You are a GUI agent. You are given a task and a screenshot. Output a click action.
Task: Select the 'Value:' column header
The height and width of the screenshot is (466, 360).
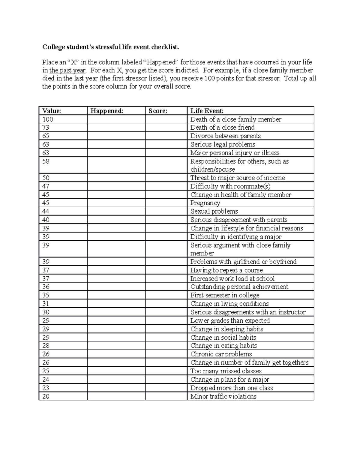coord(52,111)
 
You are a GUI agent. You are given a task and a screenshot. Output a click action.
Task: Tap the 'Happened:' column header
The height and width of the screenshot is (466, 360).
coord(107,111)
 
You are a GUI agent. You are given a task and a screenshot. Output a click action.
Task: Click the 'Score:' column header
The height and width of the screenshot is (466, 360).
coord(158,111)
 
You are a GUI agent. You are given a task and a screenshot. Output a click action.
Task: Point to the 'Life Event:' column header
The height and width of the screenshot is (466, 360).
coord(207,111)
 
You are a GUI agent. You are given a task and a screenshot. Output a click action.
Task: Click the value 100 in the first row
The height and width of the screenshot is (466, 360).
coord(48,119)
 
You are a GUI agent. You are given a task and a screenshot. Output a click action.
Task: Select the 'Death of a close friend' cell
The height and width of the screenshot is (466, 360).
coord(222,128)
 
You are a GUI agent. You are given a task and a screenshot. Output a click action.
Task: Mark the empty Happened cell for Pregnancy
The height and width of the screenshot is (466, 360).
coord(116,203)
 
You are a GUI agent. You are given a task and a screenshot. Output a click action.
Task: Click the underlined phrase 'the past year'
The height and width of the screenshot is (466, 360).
coord(67,71)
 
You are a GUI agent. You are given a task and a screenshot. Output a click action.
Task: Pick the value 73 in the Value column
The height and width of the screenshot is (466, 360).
coord(46,128)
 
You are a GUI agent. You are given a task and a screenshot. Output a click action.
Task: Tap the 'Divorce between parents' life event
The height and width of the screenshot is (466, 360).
coord(225,136)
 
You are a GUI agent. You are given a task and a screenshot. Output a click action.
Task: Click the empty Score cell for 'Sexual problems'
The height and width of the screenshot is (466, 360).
coord(166,211)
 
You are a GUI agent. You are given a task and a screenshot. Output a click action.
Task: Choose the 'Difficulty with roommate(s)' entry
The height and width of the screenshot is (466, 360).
coord(230,186)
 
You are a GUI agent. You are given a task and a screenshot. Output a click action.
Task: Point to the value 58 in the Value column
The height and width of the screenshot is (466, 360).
coord(46,161)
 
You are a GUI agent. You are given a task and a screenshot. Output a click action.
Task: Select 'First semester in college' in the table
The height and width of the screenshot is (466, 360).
coord(225,295)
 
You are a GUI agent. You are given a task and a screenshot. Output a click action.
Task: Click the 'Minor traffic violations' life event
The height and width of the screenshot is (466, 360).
coord(223,396)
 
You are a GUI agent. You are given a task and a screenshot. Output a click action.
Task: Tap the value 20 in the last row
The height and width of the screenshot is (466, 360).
coord(46,396)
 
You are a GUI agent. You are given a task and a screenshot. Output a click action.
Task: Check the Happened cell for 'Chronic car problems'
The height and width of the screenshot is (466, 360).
coord(116,354)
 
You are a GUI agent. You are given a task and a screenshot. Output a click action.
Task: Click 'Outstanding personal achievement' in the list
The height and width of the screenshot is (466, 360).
coord(239,287)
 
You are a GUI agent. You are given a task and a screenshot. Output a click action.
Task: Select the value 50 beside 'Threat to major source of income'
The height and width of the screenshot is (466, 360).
coord(46,178)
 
